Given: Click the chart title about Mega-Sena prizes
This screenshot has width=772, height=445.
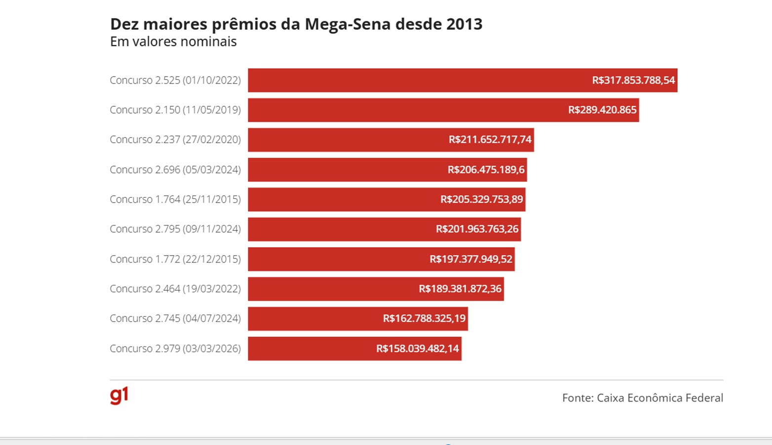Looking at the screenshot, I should (296, 24).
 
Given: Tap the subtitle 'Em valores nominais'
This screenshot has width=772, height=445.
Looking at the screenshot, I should (173, 42).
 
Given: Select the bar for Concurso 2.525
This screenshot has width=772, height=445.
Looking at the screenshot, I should (420, 80).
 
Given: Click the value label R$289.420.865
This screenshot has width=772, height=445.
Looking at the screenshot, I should (602, 110).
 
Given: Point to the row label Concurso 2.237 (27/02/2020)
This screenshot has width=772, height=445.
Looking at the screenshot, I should (175, 139).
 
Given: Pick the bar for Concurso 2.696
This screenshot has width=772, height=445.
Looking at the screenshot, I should (346, 170).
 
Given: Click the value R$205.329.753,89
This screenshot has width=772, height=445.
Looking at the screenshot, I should (482, 199).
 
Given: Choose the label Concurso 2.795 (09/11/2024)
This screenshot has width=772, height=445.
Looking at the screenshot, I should (175, 229).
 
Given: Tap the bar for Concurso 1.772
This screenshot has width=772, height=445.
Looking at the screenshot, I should (336, 259).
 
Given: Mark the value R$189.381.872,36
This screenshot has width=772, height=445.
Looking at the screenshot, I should (460, 289).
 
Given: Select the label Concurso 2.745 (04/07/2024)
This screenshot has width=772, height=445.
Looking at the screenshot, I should (175, 318).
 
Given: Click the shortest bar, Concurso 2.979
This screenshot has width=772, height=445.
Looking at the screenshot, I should (311, 349).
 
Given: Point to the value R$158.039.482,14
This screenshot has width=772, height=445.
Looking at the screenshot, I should (418, 349).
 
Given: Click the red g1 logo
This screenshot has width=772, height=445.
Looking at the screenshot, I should (119, 396).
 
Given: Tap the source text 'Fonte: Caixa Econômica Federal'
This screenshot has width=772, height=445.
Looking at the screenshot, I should (643, 398).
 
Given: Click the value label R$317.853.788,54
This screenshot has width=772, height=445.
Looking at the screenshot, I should (633, 80).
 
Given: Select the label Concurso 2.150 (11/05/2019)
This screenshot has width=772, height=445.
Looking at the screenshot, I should (175, 110).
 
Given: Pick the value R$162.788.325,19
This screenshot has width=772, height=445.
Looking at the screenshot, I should (424, 318).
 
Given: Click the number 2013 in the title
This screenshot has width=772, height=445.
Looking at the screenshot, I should (464, 24).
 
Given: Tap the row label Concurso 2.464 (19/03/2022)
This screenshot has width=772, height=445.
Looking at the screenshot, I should (175, 289).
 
